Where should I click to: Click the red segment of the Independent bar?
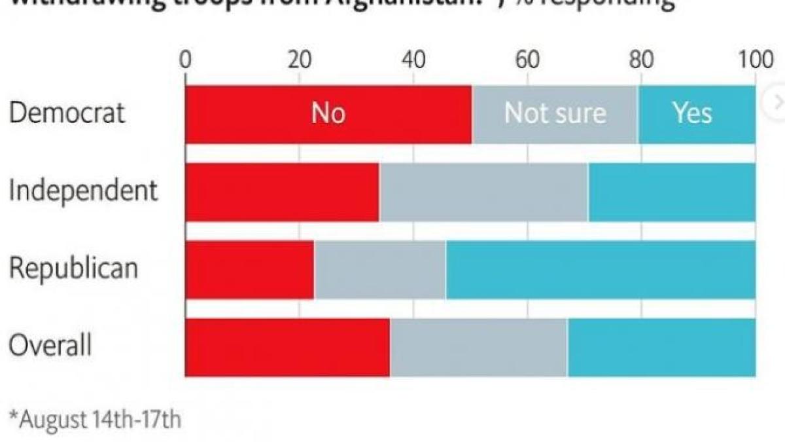tap(282, 192)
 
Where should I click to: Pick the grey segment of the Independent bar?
tap(484, 192)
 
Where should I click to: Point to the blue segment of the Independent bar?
tap(672, 192)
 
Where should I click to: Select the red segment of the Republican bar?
tap(249, 269)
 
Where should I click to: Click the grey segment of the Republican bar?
tap(380, 269)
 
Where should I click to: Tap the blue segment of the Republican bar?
tap(601, 269)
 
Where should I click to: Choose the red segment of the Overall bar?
tap(287, 347)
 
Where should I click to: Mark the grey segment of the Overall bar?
tap(479, 347)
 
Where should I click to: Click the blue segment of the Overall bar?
tap(661, 347)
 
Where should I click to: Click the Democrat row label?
tap(67, 113)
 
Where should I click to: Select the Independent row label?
tap(83, 191)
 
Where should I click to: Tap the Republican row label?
tap(73, 268)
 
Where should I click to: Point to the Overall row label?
tap(50, 346)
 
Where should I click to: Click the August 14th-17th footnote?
tap(94, 419)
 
